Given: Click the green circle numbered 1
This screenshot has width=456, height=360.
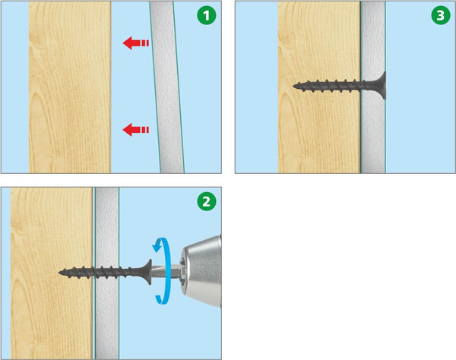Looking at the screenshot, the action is (x=207, y=15).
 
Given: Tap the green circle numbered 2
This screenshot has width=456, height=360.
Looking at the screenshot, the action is (x=207, y=201).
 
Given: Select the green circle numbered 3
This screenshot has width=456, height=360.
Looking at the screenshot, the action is (x=441, y=15).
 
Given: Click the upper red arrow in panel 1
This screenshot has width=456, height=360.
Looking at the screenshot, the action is (x=136, y=43).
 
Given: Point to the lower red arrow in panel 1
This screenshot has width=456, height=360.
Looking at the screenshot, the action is (x=136, y=130).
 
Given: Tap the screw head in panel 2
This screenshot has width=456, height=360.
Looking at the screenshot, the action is (x=147, y=272).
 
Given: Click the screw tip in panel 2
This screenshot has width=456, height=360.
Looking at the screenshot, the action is (x=59, y=273).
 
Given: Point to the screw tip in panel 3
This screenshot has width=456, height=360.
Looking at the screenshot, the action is (x=293, y=86).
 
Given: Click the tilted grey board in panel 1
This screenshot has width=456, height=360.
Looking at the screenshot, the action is (x=167, y=87).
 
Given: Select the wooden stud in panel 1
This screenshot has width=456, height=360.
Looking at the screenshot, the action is (x=70, y=87).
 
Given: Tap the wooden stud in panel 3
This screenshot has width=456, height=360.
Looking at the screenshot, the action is (x=319, y=131).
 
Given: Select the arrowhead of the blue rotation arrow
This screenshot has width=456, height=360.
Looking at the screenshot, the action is (x=157, y=247).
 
